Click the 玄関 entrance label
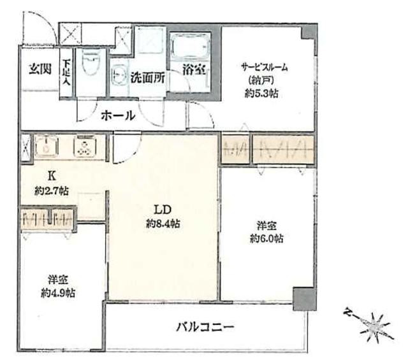click(40, 69)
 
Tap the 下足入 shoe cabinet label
click(66, 73)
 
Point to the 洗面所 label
click(147, 77)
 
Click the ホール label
click(119, 115)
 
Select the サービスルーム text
click(265, 68)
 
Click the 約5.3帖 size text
click(261, 93)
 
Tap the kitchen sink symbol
click(47, 146)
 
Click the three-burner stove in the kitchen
click(85, 147)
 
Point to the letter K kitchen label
click(52, 176)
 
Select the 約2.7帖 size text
click(52, 191)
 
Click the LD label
click(163, 210)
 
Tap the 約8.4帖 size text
click(163, 224)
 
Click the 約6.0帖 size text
click(266, 238)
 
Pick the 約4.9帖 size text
click(58, 293)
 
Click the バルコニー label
click(205, 326)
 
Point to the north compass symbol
click(370, 324)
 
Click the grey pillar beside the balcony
click(305, 299)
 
